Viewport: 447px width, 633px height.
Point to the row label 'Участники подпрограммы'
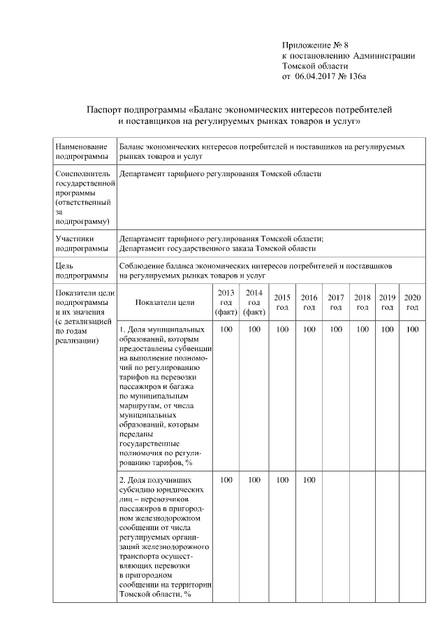pyautogui.click(x=82, y=243)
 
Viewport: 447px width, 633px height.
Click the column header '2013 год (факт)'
pyautogui.click(x=226, y=302)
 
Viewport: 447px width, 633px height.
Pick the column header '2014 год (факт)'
pyautogui.click(x=254, y=302)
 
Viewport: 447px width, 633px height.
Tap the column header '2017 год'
pyautogui.click(x=336, y=302)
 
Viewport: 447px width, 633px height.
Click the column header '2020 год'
pyautogui.click(x=412, y=302)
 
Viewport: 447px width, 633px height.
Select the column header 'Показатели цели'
pyautogui.click(x=165, y=302)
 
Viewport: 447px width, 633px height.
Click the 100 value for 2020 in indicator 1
pyautogui.click(x=412, y=329)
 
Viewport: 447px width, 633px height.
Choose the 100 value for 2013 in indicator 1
pyautogui.click(x=226, y=329)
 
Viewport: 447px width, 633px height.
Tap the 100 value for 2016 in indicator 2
pyautogui.click(x=309, y=480)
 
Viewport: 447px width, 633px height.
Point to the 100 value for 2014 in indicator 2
pyautogui.click(x=254, y=480)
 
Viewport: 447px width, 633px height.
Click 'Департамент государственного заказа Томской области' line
pyautogui.click(x=217, y=248)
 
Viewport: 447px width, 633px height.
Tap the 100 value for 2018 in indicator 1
pyautogui.click(x=362, y=329)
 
